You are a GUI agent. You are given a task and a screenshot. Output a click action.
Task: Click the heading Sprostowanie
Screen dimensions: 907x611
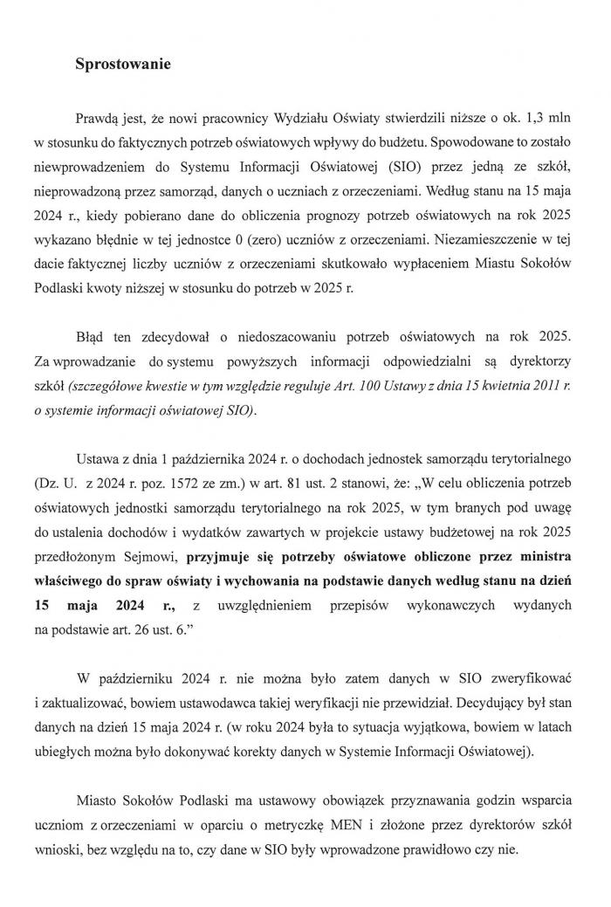click(x=122, y=64)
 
